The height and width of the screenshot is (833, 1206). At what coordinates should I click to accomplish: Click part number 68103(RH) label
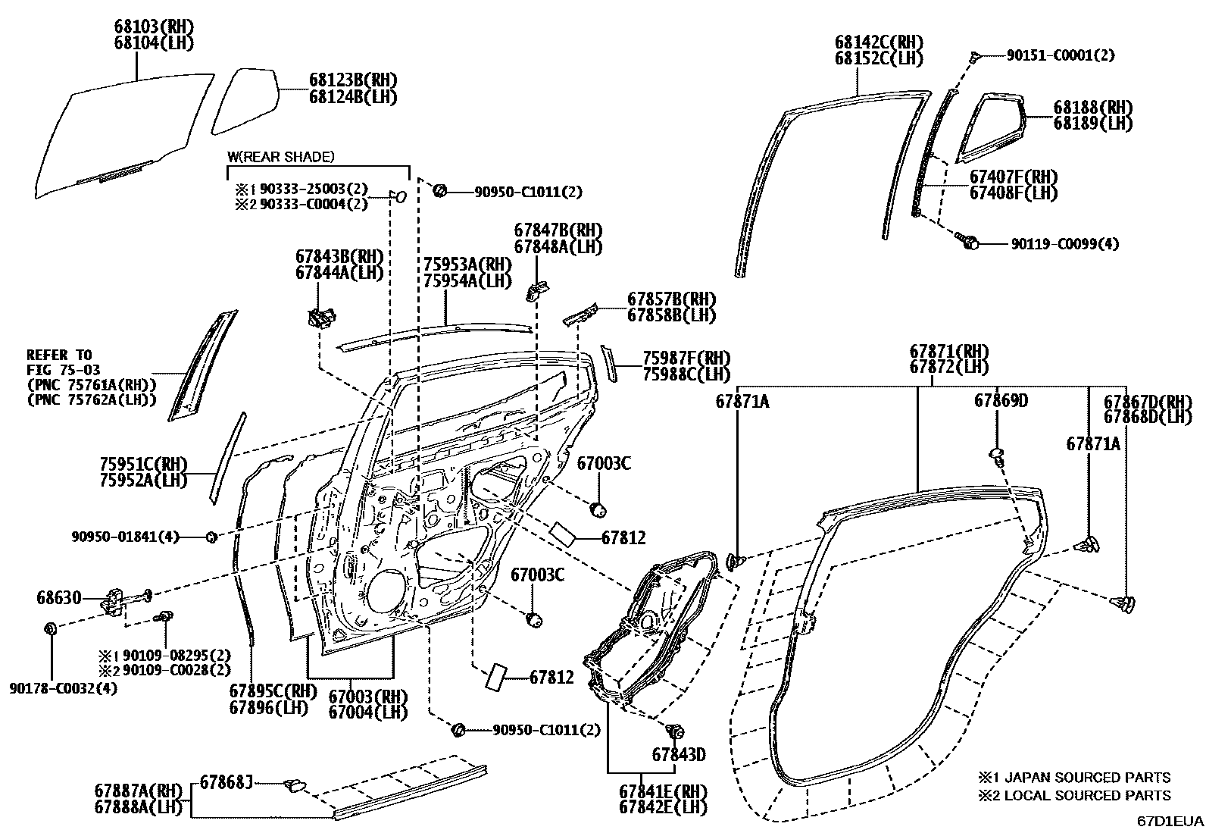(x=154, y=27)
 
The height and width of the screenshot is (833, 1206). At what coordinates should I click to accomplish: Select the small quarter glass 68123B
(x=245, y=99)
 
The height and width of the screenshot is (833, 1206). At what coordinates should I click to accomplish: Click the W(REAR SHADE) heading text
(x=280, y=157)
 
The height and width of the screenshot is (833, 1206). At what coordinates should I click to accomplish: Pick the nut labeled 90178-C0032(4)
(x=51, y=628)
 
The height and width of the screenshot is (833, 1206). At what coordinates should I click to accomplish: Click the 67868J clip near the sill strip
(x=294, y=785)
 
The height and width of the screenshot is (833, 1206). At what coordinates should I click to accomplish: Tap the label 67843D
(x=679, y=754)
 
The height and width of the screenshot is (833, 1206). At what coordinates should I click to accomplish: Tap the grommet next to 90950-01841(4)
(x=212, y=537)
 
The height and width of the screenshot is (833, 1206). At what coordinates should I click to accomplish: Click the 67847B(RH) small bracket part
(x=537, y=289)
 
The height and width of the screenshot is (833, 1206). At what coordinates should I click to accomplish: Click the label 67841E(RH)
(x=662, y=791)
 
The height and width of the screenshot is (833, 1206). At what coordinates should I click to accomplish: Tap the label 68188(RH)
(x=1092, y=107)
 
